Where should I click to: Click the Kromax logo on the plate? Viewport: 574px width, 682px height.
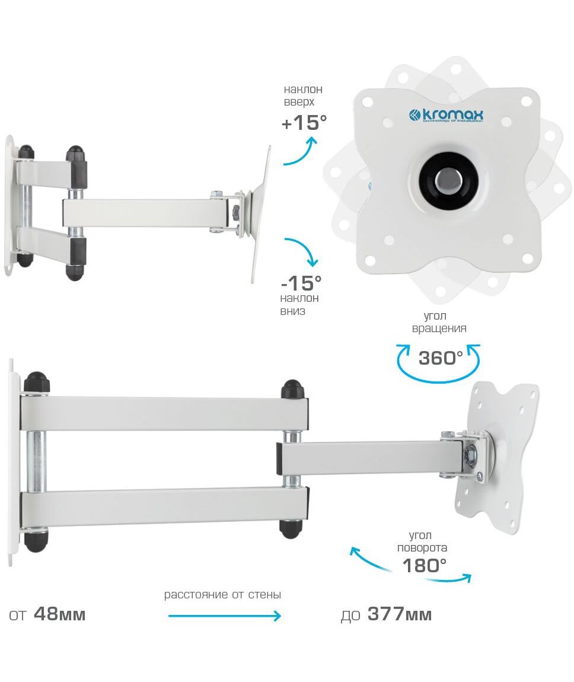pos(446,116)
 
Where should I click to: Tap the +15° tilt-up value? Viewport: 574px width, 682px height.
pos(304,122)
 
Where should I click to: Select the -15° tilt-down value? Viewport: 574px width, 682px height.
pos(301,283)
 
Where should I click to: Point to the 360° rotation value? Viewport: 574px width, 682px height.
pos(440,358)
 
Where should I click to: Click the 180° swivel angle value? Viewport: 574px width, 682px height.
pos(424,565)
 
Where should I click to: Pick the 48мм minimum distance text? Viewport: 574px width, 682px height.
pos(59,614)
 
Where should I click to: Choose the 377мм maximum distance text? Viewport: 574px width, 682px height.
pos(400,614)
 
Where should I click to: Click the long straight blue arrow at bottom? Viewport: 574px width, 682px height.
pos(224,616)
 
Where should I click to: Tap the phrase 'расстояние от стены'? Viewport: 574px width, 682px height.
pos(222,595)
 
